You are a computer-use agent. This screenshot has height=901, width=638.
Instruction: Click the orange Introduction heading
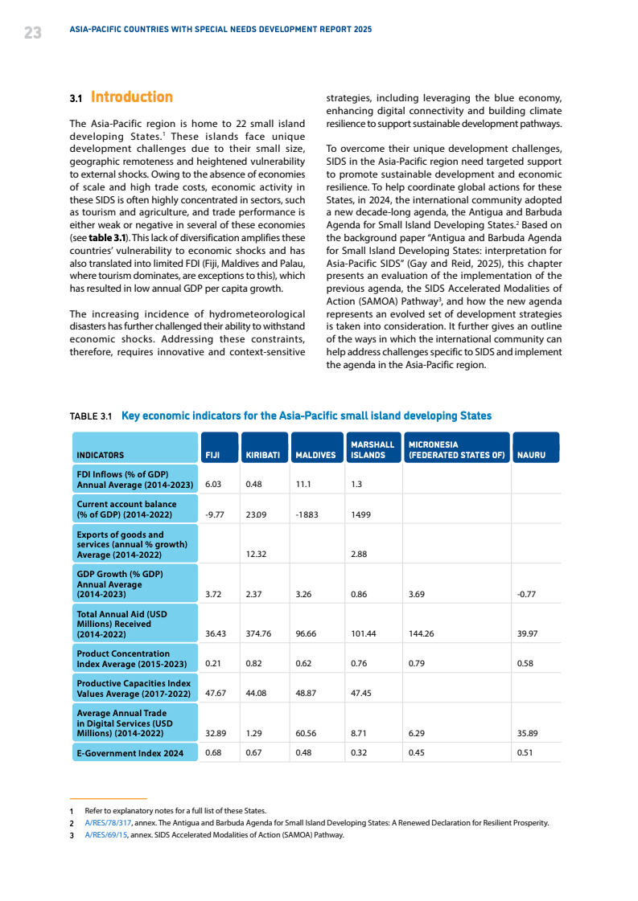click(131, 97)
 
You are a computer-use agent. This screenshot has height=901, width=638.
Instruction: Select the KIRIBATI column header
click(263, 455)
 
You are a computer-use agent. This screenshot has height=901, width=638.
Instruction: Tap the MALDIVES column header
click(315, 455)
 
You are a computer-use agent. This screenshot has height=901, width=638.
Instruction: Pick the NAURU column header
click(532, 455)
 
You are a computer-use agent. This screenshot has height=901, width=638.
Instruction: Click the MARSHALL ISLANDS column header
click(373, 449)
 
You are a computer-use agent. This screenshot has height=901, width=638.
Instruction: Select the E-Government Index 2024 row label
click(130, 753)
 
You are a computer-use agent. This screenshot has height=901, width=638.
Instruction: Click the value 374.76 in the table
click(261, 633)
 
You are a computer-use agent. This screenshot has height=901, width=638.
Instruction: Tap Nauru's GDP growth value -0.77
click(526, 595)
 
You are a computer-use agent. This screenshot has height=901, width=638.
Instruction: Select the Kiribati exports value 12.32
click(257, 555)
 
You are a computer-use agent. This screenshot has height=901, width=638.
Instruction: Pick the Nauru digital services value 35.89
click(527, 733)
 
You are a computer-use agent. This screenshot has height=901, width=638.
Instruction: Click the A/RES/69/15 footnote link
click(105, 835)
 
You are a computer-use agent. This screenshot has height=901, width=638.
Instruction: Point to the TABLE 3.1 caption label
click(90, 416)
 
